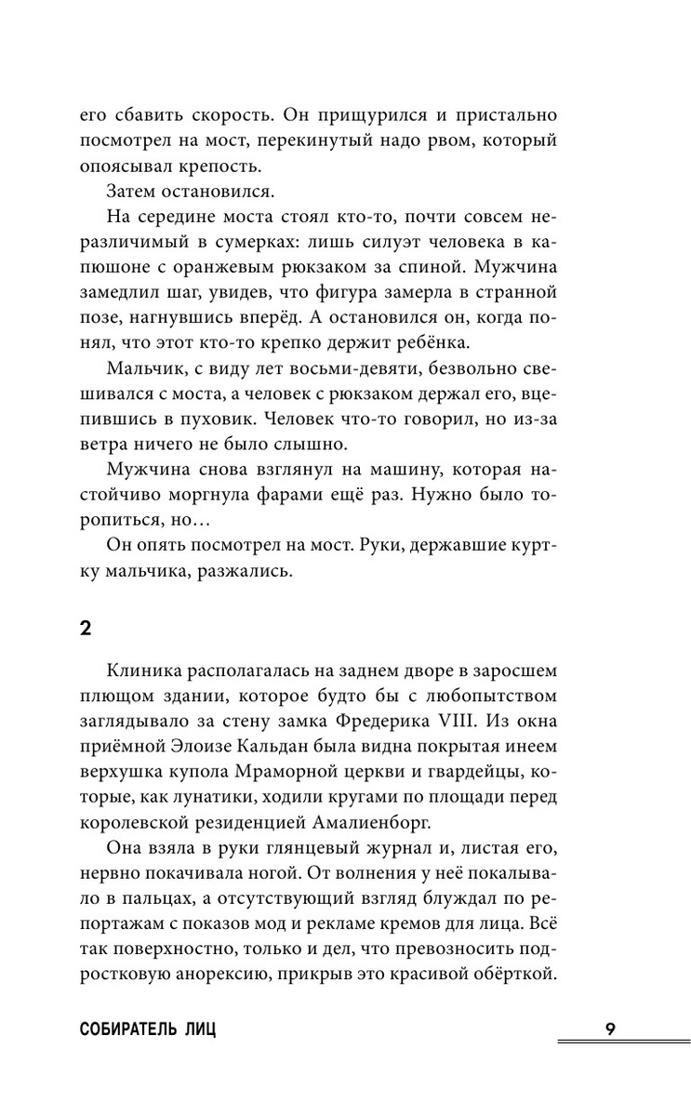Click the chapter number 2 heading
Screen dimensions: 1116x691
(86, 627)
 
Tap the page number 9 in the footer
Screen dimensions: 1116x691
(609, 1030)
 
